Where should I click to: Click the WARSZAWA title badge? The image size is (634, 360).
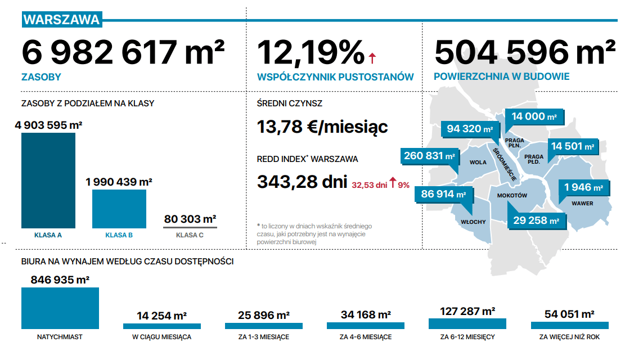click(x=62, y=20)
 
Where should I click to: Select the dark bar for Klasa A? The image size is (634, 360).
click(x=48, y=181)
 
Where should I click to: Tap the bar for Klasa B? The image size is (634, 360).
click(x=119, y=209)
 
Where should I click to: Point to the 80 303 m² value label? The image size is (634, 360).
click(x=190, y=219)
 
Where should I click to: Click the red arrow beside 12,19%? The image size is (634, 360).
click(x=372, y=58)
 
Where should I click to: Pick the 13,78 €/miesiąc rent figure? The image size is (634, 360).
click(x=322, y=127)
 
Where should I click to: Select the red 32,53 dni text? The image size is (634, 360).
click(x=369, y=185)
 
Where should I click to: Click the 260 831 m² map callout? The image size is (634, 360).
click(x=430, y=156)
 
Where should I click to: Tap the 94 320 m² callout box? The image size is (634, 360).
click(x=470, y=129)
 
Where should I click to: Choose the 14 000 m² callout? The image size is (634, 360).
click(x=534, y=116)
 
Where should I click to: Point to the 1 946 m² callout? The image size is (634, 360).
click(x=583, y=187)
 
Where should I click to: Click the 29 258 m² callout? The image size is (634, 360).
click(x=537, y=220)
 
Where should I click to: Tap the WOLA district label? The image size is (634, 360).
click(x=478, y=162)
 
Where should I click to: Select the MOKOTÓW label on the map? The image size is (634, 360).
click(x=512, y=195)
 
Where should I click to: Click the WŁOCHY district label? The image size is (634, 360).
click(x=473, y=222)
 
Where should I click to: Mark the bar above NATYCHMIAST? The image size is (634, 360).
click(x=60, y=308)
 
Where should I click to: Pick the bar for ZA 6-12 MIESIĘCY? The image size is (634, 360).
click(x=467, y=323)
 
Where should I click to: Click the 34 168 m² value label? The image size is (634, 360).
click(x=366, y=314)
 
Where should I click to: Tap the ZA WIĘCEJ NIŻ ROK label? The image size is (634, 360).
click(x=569, y=337)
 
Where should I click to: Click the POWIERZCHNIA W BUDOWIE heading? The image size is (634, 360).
click(x=501, y=76)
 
